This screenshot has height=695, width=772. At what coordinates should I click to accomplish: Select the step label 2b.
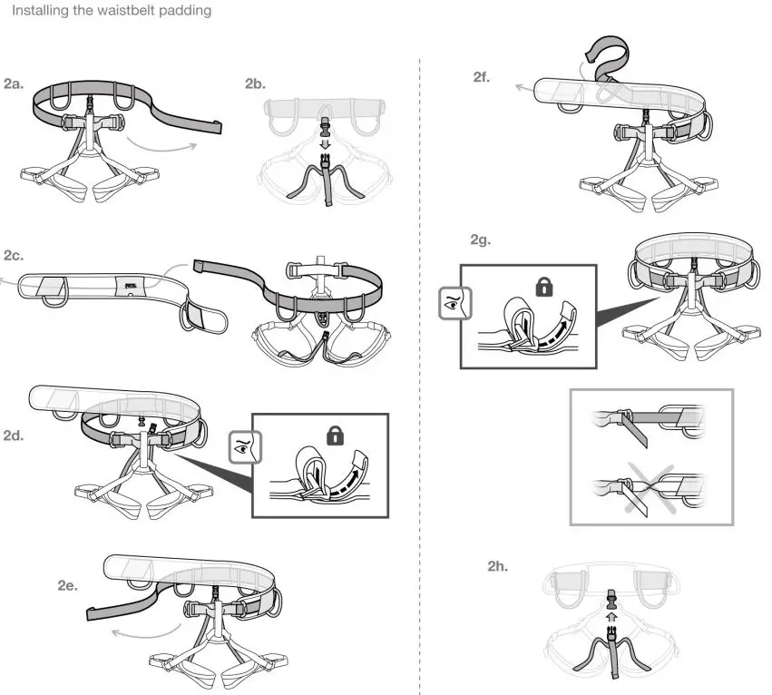255,84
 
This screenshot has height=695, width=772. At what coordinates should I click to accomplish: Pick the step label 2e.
67,586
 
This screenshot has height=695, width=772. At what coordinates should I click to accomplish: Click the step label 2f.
482,78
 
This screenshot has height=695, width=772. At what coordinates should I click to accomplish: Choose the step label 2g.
480,240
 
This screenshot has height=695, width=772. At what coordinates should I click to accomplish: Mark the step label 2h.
497,566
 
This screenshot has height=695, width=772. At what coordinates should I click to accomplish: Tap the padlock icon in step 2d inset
335,436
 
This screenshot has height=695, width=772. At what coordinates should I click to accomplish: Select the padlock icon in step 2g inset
544,288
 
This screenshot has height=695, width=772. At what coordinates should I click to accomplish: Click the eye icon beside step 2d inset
241,446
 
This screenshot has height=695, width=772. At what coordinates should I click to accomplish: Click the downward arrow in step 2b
324,142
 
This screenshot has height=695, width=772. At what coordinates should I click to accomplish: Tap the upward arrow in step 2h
611,614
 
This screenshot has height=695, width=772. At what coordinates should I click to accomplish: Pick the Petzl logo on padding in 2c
131,284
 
